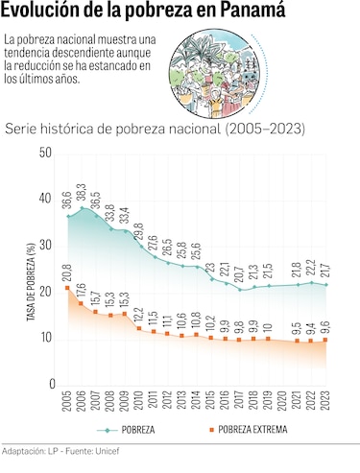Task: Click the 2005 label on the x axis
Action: [67, 403]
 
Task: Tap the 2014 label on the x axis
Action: [197, 403]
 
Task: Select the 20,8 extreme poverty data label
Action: [67, 272]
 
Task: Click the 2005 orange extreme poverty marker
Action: [67, 288]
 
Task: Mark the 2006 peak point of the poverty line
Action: [82, 208]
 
